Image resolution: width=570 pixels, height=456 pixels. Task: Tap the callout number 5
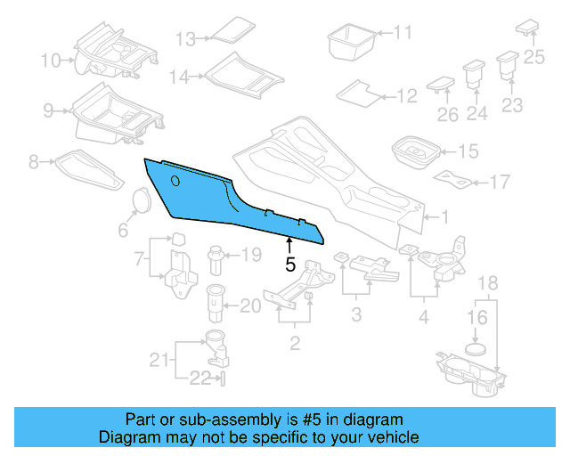point(289,265)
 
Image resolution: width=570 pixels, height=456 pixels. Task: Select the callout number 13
point(184,39)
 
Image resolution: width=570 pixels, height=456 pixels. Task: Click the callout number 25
point(533,57)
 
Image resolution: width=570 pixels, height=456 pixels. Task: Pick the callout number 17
point(499,183)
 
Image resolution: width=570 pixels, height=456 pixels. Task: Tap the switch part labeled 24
point(472,73)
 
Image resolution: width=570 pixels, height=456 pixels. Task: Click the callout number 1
point(444,216)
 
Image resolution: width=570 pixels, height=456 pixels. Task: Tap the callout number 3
point(356,314)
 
